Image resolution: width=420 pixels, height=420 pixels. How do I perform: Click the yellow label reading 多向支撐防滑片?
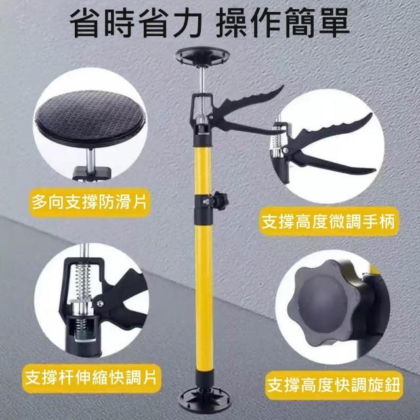point(89,202)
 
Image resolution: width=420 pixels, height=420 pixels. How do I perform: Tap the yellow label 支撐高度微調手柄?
point(328,222)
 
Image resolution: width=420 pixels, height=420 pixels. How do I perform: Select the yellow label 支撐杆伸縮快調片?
point(91,378)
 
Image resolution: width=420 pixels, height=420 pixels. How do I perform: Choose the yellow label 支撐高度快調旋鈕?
point(334,385)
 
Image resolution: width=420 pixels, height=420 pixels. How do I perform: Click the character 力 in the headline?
point(187,23)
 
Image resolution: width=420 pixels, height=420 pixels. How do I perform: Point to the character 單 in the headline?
point(333,23)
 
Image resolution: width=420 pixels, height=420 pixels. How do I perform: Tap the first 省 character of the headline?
point(85,23)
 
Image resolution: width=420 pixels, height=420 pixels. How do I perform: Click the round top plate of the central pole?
point(202,56)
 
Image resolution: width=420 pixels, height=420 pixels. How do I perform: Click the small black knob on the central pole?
point(219,199)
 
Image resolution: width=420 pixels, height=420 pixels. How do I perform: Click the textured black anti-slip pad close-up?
point(91,118)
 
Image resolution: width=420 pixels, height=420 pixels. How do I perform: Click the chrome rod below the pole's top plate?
point(203,79)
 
